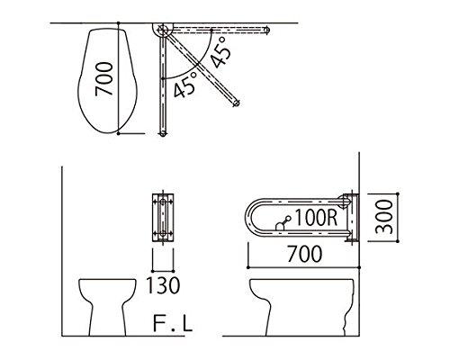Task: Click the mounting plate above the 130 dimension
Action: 163,218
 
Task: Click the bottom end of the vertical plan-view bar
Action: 163,135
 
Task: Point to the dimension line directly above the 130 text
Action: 163,269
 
